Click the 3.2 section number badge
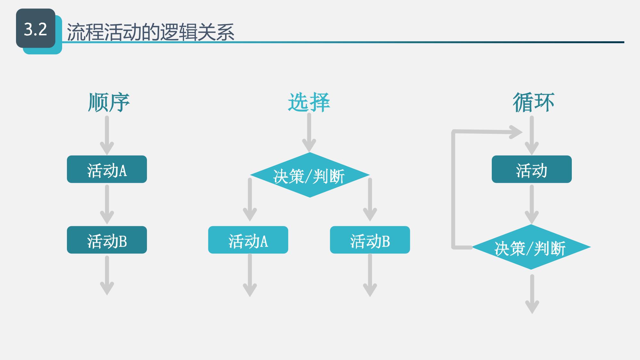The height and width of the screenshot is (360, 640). [36, 29]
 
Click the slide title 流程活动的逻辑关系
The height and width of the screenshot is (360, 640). [150, 32]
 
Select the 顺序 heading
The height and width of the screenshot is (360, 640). [109, 102]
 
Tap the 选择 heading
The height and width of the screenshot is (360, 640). [309, 102]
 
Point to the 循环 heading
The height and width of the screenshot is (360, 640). [533, 102]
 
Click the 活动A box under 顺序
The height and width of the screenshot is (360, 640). [107, 169]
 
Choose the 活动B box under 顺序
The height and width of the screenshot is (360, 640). [107, 240]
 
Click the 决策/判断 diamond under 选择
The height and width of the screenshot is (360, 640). [310, 175]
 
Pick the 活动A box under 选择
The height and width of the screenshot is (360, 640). [248, 240]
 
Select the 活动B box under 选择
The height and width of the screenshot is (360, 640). [370, 240]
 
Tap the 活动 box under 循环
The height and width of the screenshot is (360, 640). [531, 169]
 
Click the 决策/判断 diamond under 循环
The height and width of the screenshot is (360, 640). [531, 247]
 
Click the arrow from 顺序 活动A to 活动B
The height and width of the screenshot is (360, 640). [107, 205]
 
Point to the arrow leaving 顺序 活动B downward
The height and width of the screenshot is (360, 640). [107, 275]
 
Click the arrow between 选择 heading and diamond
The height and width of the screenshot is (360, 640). [309, 133]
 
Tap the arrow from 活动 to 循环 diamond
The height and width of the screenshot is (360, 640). [531, 205]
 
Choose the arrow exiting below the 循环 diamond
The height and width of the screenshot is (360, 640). [532, 294]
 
